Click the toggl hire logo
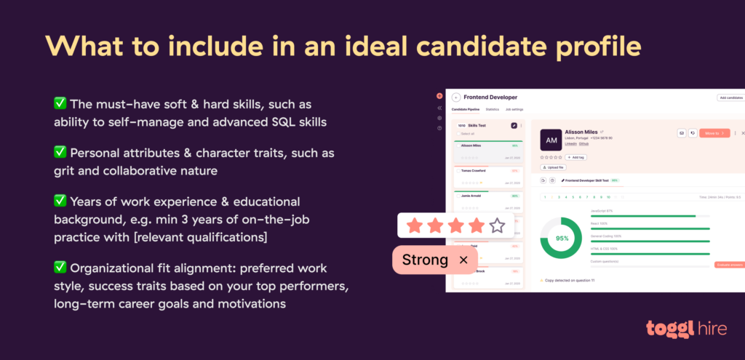pos(685,328)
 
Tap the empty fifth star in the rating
pos(497,225)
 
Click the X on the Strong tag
pos(463,260)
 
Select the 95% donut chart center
pos(562,238)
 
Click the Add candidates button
pos(730,97)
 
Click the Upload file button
pos(554,167)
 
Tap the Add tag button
pos(575,157)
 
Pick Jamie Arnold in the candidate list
pos(472,196)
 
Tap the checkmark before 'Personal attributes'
pos(60,153)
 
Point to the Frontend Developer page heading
pos(490,97)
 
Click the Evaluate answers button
pos(730,265)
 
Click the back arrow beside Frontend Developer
pos(456,97)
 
